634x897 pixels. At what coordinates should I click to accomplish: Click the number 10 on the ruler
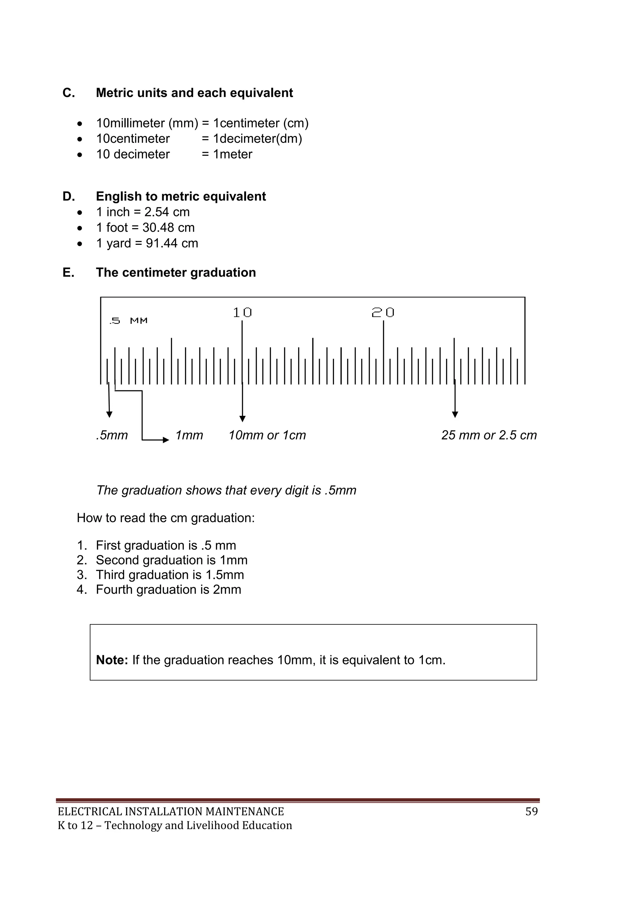[242, 313]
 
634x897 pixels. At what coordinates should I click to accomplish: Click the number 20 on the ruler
[383, 313]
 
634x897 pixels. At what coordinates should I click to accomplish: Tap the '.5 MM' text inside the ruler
[128, 321]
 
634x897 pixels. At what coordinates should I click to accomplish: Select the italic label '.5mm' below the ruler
[112, 435]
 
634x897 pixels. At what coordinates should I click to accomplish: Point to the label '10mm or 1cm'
[267, 435]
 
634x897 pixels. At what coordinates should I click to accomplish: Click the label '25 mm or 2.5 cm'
[489, 435]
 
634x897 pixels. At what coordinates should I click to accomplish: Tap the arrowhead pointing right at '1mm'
[166, 440]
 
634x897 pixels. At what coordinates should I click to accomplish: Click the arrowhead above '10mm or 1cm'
[242, 419]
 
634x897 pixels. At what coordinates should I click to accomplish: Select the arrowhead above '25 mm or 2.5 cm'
[455, 415]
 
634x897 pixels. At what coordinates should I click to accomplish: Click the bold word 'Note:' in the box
[112, 660]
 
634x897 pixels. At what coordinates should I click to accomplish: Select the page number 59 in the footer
[531, 811]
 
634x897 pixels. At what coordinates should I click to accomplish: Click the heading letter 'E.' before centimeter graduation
[68, 273]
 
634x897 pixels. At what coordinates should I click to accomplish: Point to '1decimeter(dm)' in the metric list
[257, 139]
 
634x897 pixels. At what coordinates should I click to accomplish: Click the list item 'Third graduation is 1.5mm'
[170, 575]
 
